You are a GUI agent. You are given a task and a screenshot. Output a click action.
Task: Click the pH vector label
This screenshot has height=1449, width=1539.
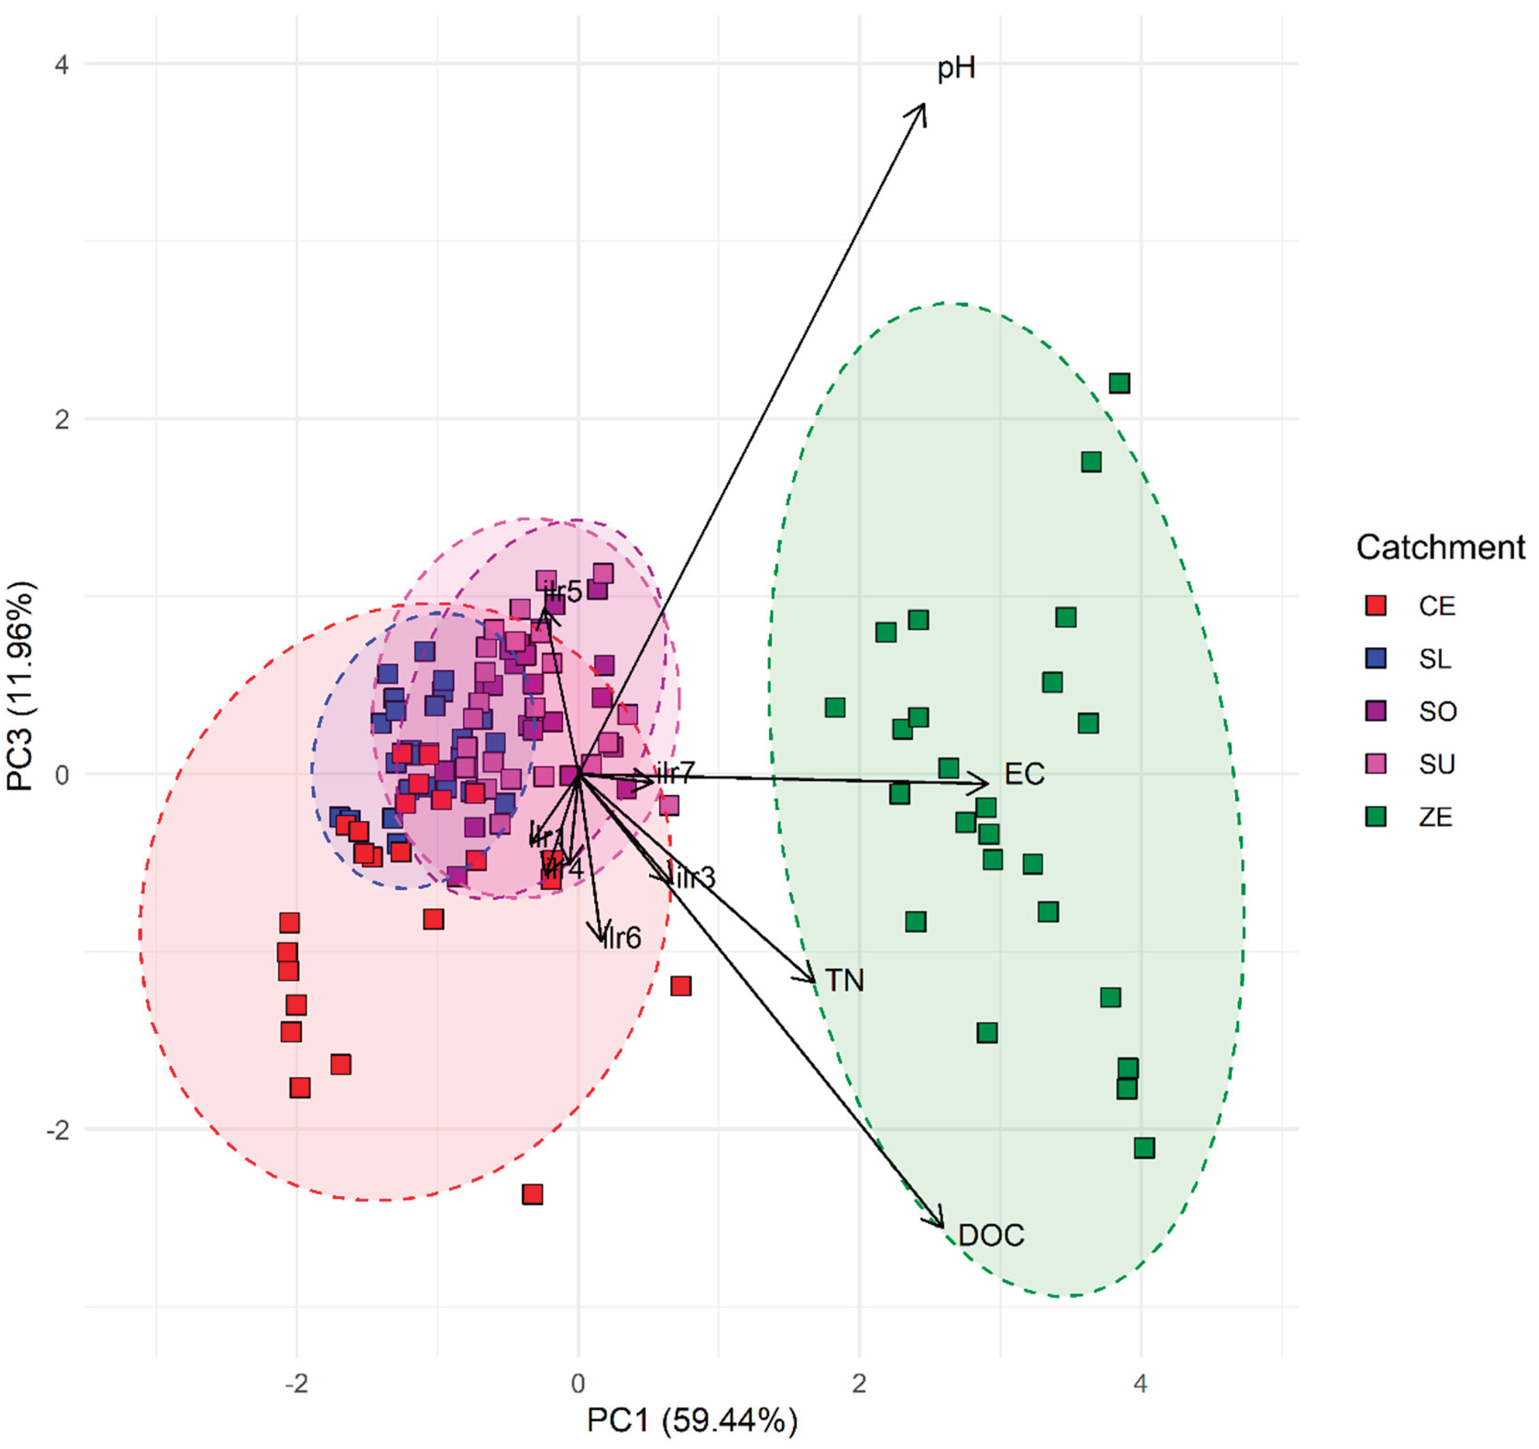(x=956, y=69)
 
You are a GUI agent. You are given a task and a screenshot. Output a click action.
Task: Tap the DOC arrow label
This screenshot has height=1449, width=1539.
(x=991, y=1235)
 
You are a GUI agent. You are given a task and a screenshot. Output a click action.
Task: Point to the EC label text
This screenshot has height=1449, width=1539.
(x=1024, y=774)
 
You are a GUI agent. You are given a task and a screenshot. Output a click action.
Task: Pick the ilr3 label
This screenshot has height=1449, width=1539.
(x=696, y=878)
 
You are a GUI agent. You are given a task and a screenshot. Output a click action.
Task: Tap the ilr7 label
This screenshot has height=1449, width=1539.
(x=676, y=773)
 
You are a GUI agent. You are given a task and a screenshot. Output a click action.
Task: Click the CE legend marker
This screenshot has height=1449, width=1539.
(x=1375, y=605)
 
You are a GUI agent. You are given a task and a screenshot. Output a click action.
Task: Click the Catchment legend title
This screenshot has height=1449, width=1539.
(x=1440, y=547)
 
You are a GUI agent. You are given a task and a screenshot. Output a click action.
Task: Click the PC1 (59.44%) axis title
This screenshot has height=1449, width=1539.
(x=691, y=1420)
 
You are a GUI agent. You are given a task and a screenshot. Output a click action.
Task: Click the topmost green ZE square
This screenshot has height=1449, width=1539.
(x=1119, y=383)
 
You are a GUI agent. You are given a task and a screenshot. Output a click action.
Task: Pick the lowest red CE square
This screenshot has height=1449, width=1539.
(x=532, y=1194)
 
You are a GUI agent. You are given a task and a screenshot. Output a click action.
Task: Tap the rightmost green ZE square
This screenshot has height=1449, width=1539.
(x=1144, y=1148)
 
